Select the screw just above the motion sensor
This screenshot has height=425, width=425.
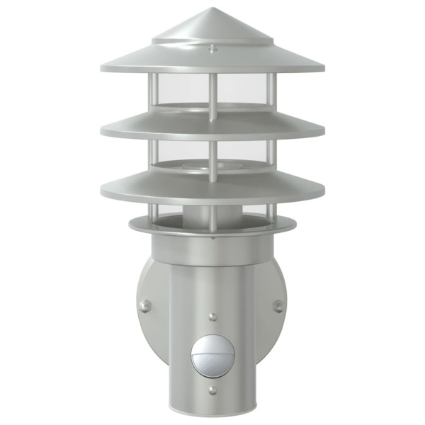[x=212, y=315]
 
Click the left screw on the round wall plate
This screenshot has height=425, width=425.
[x=145, y=305]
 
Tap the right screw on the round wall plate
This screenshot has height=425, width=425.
[x=278, y=305]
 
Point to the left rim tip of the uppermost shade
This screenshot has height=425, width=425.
[x=102, y=68]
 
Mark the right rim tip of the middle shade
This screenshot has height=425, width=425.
[x=323, y=132]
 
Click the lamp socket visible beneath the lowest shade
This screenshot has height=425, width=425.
[x=212, y=212]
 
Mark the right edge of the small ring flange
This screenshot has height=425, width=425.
[x=295, y=225]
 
